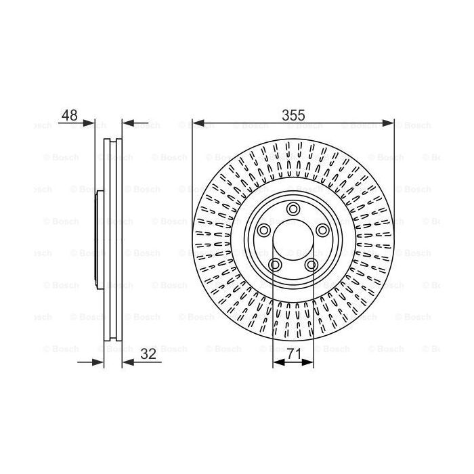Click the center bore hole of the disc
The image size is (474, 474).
293,240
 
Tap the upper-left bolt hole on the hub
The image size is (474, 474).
263,230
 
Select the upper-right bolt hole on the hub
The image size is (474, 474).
323,230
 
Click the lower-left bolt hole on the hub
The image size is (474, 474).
275,265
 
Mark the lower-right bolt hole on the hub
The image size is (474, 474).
311,265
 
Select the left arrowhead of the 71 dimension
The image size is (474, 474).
277,362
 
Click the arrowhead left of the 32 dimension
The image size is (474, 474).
100,362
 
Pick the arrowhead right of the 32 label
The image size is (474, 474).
127,362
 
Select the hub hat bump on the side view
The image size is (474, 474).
99,240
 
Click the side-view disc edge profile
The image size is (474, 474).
113,240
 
